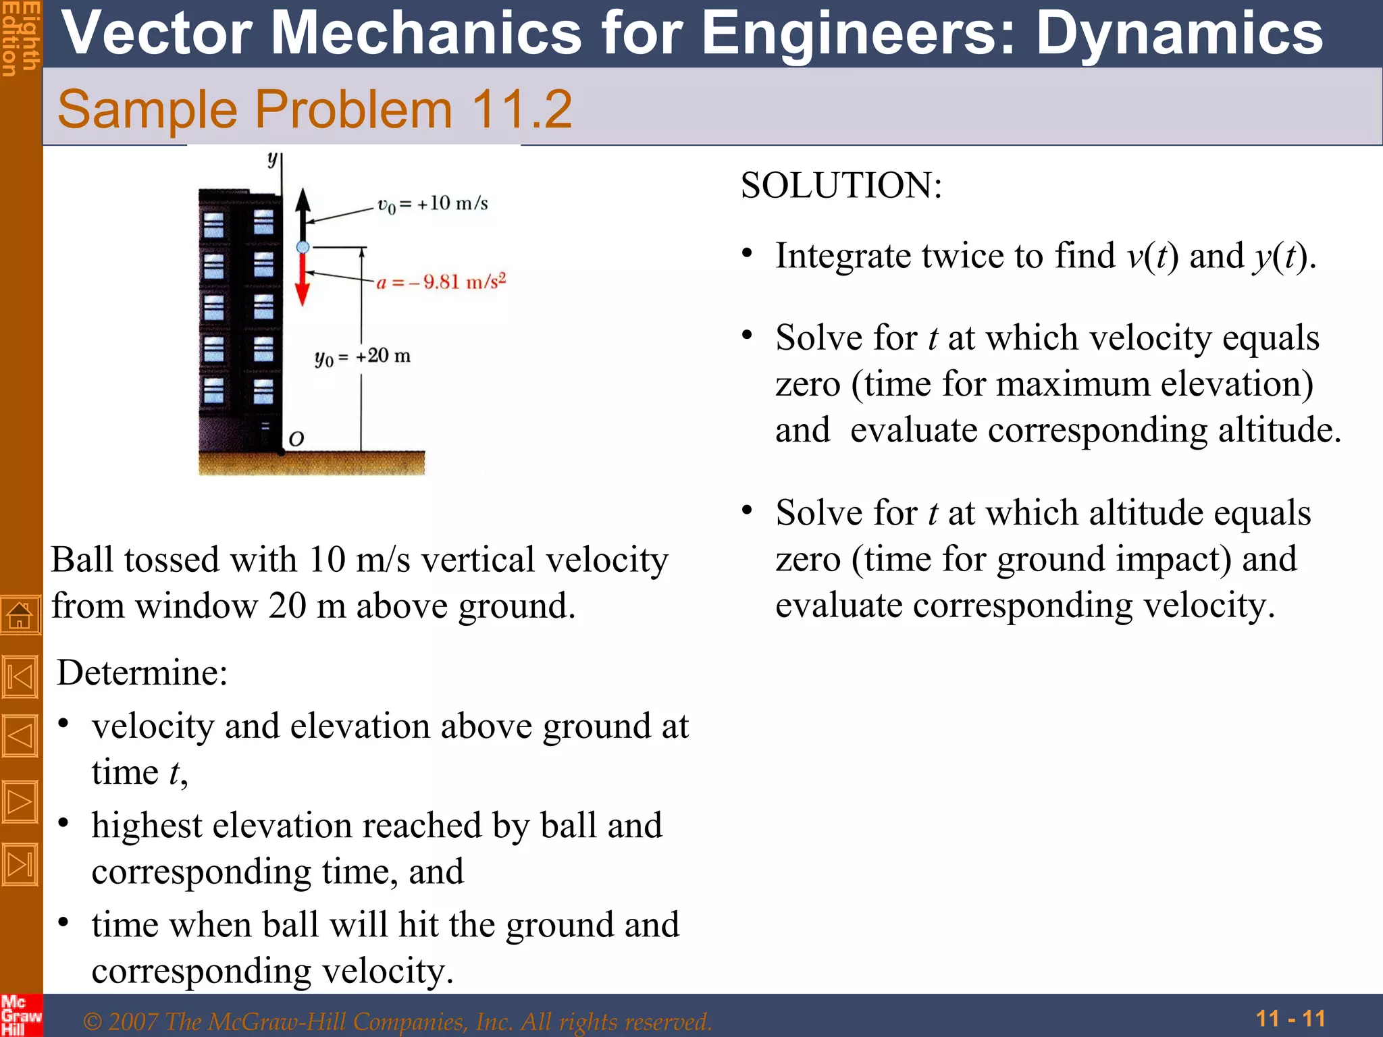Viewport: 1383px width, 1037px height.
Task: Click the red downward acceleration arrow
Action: [303, 280]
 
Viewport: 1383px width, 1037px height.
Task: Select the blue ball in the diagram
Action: [303, 247]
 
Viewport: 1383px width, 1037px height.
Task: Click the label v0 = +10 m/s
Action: [432, 204]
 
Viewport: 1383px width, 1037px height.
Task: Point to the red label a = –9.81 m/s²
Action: [441, 282]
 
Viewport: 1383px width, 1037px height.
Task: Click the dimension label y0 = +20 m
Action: [363, 356]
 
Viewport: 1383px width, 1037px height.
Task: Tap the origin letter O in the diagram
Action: [296, 440]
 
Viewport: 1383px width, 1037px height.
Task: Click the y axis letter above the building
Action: [272, 159]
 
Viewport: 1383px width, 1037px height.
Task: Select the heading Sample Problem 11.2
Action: [315, 109]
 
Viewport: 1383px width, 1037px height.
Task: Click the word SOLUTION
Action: [841, 186]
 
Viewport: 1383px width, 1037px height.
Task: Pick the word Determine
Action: [142, 673]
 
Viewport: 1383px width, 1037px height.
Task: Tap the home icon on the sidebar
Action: [20, 616]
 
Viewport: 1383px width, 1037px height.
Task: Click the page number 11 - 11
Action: [1290, 1018]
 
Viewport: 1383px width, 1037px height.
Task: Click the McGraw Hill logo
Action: [20, 1015]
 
